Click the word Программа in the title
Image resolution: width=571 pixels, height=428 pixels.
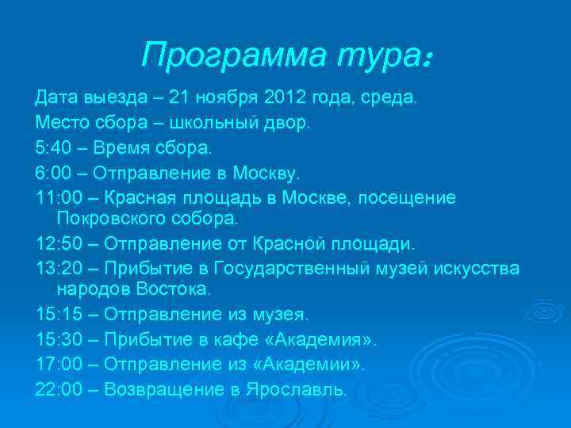pyautogui.click(x=229, y=55)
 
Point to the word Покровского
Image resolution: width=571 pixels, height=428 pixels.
pyautogui.click(x=111, y=217)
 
